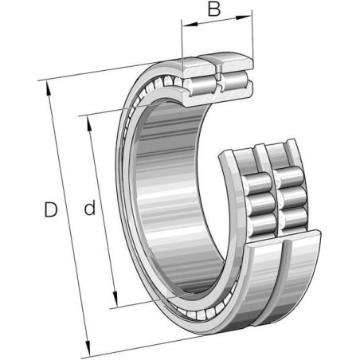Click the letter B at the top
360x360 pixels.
(214, 9)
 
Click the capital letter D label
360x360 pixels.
(50, 209)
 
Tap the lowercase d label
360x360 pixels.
(90, 208)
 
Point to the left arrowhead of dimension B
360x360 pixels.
(190, 25)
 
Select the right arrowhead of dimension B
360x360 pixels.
(244, 18)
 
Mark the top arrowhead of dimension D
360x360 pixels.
(49, 88)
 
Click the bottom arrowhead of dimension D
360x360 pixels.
(88, 347)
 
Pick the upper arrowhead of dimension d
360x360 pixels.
(89, 124)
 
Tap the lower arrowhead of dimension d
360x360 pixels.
(115, 299)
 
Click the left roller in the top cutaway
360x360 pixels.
(201, 85)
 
